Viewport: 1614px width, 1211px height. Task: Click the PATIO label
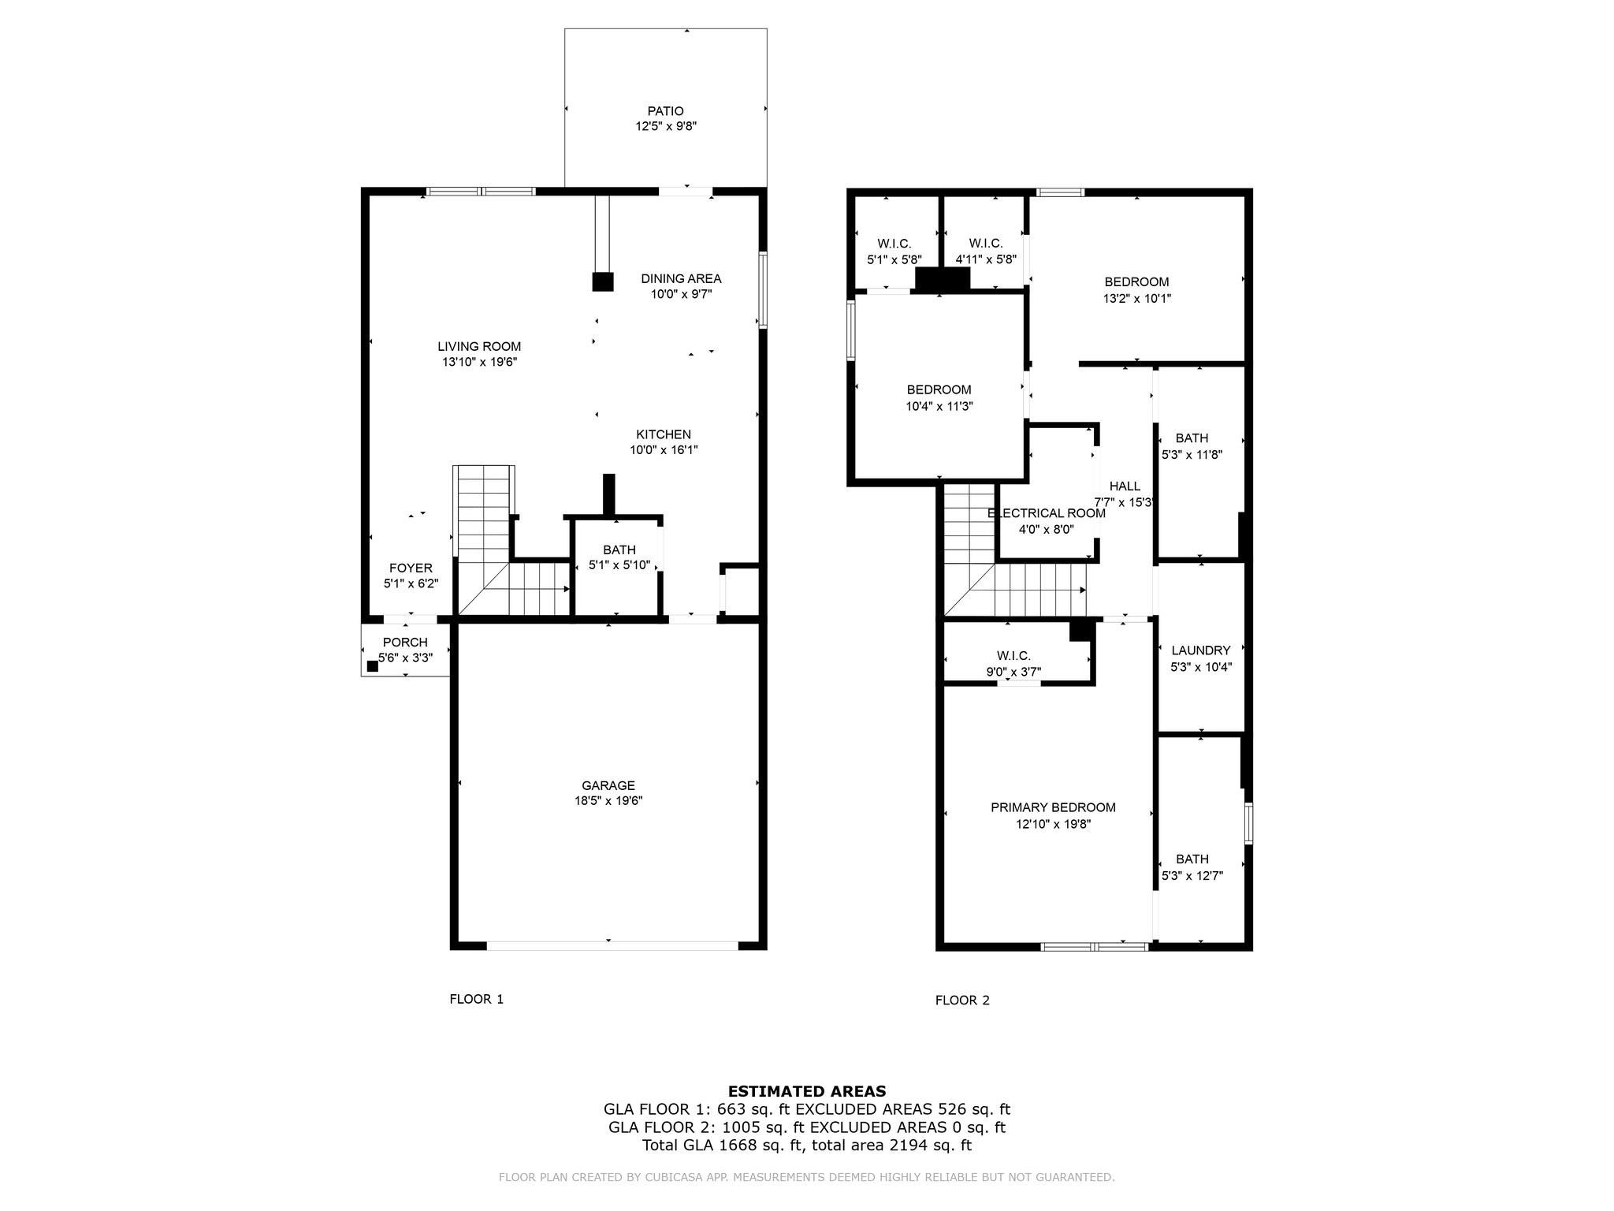click(665, 111)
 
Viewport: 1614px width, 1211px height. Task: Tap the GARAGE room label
click(608, 785)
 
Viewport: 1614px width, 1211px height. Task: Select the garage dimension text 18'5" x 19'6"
click(608, 801)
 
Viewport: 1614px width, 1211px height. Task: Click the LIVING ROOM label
click(479, 346)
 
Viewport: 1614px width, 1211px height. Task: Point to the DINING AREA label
click(681, 278)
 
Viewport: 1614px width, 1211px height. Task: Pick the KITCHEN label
click(664, 434)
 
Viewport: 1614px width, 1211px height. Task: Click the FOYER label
click(411, 568)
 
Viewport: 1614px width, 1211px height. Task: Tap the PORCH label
click(405, 643)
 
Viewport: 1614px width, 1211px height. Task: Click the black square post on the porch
click(373, 665)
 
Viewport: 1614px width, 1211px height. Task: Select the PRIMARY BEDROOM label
click(1053, 807)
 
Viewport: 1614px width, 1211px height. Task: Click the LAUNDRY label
click(1200, 650)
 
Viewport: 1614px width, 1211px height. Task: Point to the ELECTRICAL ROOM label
click(1046, 513)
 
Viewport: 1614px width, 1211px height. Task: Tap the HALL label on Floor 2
click(1125, 486)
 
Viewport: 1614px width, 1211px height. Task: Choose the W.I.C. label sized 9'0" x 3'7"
click(1013, 656)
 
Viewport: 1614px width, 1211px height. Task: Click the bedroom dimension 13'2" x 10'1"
click(1136, 299)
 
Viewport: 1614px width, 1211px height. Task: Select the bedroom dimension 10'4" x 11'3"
click(939, 407)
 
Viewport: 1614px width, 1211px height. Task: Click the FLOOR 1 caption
click(476, 999)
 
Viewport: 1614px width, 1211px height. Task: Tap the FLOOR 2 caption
click(962, 1000)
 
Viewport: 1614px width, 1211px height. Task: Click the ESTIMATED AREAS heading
click(807, 1092)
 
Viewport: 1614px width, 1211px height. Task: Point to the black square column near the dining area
click(602, 281)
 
